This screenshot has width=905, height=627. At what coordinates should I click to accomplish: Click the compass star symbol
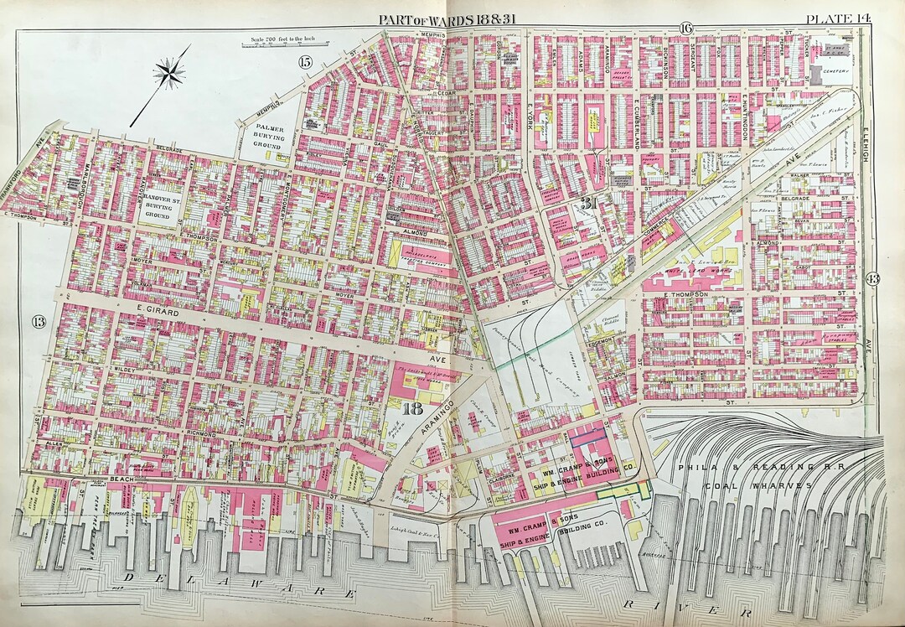170,73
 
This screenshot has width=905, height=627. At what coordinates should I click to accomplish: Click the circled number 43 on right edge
872,279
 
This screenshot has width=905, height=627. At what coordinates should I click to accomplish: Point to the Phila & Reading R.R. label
742,469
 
